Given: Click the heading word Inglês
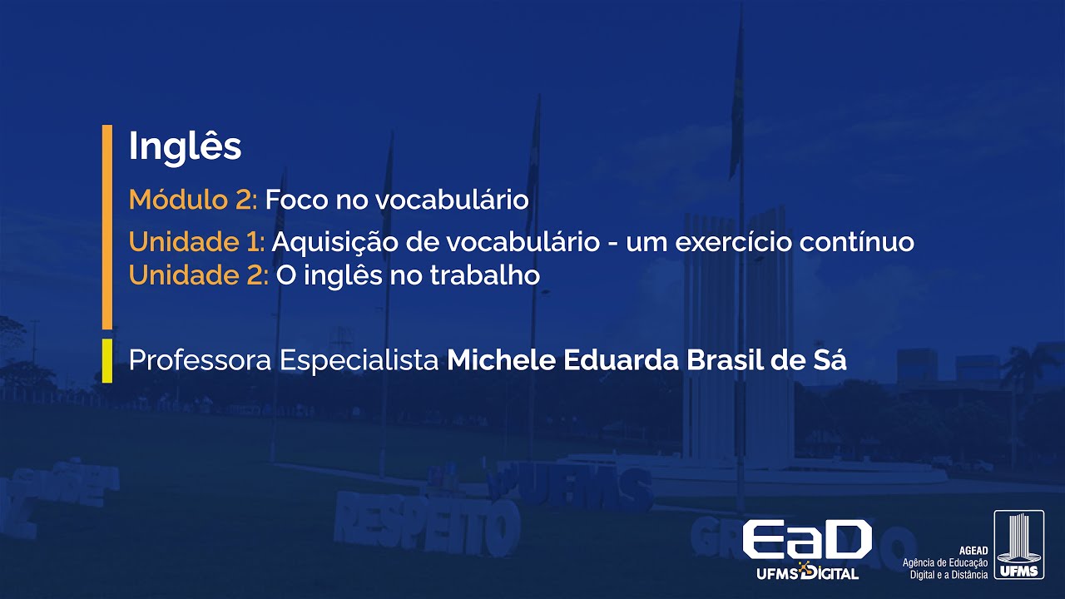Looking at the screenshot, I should [185, 147].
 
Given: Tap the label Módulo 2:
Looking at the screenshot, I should [194, 200].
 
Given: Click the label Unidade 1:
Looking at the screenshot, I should [196, 242].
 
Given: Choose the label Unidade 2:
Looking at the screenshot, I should [198, 275].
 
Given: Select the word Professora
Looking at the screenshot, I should [200, 361].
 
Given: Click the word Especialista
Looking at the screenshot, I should [359, 362].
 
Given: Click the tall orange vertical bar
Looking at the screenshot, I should [106, 226].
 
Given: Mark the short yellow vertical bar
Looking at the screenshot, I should [106, 360].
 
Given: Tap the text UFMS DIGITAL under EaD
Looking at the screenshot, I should [807, 573].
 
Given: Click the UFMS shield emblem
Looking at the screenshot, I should [1018, 545].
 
